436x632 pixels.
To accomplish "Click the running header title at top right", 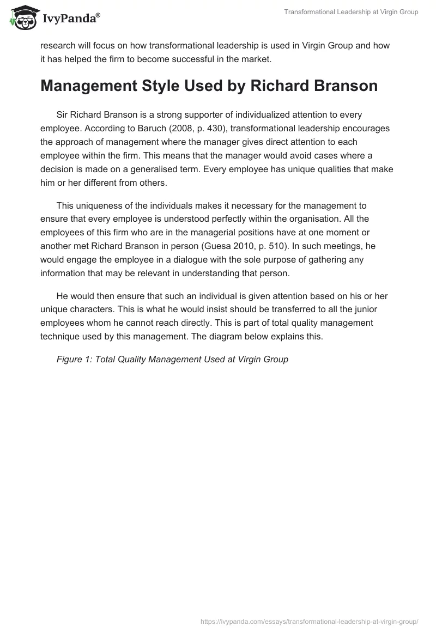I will [x=351, y=12].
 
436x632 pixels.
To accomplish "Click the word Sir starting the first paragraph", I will [x=63, y=115].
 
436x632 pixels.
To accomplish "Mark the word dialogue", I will [x=185, y=260].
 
